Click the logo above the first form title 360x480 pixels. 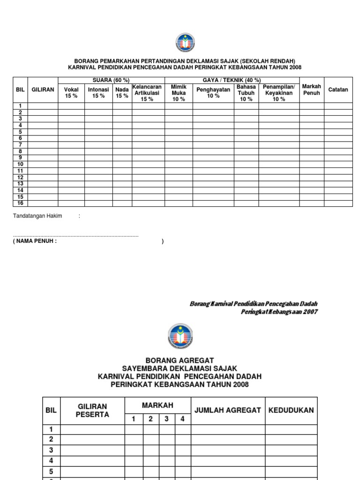click(x=185, y=43)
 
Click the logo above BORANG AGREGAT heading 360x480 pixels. click(x=180, y=336)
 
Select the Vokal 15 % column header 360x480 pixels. click(x=71, y=92)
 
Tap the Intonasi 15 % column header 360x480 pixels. click(x=98, y=92)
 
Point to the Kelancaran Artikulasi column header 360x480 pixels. click(x=147, y=93)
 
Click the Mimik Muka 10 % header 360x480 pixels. click(x=179, y=93)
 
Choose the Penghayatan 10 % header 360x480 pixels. click(x=213, y=92)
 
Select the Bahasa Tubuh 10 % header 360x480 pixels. click(x=246, y=93)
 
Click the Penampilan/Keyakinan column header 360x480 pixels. click(x=279, y=93)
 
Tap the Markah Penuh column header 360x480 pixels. click(x=312, y=90)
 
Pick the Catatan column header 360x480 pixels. click(x=338, y=90)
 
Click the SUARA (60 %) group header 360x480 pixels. click(x=111, y=80)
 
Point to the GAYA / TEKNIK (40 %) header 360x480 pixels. click(x=232, y=80)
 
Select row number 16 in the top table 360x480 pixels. click(x=20, y=203)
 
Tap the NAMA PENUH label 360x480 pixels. click(x=35, y=241)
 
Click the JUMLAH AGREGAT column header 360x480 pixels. click(x=227, y=410)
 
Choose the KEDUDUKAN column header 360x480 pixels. click(x=291, y=410)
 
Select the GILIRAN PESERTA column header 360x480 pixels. click(x=92, y=410)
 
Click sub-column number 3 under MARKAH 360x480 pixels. click(x=166, y=419)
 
